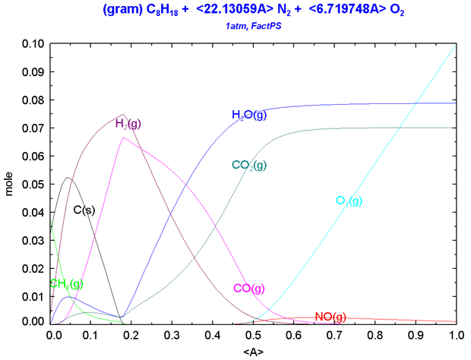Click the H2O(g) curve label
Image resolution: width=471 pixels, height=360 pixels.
coord(249,115)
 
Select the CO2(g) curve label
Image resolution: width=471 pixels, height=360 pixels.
coord(249,165)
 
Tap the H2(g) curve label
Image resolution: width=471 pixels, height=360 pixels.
coord(128,123)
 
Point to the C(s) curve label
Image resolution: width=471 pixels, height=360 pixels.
coord(84,210)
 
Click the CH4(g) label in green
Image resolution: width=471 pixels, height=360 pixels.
coord(66,284)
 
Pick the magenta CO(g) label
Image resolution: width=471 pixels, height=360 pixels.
coord(249,289)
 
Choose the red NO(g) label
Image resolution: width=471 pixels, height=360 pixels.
coord(330,317)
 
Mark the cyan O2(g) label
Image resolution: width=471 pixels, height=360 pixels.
coord(349,201)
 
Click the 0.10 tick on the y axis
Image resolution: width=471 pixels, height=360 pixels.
coord(33,43)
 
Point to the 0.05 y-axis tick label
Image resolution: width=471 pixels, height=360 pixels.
coord(33,185)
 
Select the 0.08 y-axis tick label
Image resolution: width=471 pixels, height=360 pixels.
coord(33,100)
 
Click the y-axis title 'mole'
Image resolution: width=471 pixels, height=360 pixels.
coord(10,185)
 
